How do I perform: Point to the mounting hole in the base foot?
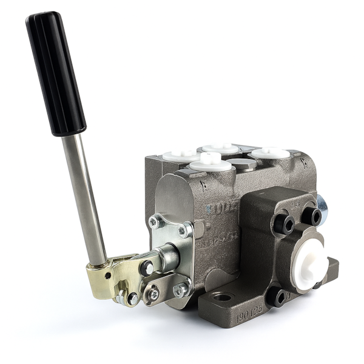click(223, 297)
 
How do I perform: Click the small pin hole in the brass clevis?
click(108, 275)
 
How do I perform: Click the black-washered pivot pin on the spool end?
click(147, 268)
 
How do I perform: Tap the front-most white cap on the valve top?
click(210, 161)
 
